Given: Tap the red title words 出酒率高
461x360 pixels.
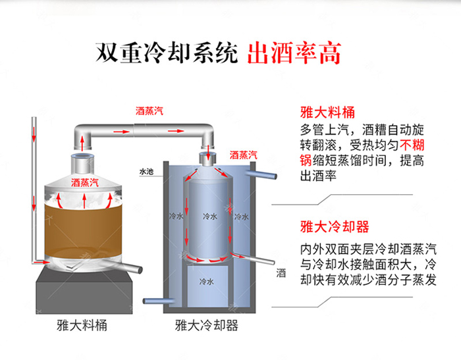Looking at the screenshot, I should click(294, 53).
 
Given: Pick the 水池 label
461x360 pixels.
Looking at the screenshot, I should click(146, 171).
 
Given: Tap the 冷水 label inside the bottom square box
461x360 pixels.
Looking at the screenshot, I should click(206, 281).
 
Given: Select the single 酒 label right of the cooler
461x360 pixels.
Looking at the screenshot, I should click(281, 272).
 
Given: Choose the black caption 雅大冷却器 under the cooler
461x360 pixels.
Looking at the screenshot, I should click(206, 326).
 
